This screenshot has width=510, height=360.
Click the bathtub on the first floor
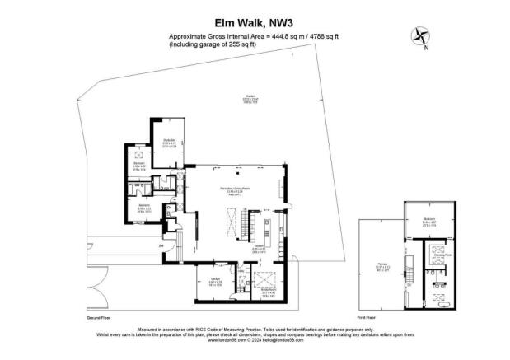(437, 305)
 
